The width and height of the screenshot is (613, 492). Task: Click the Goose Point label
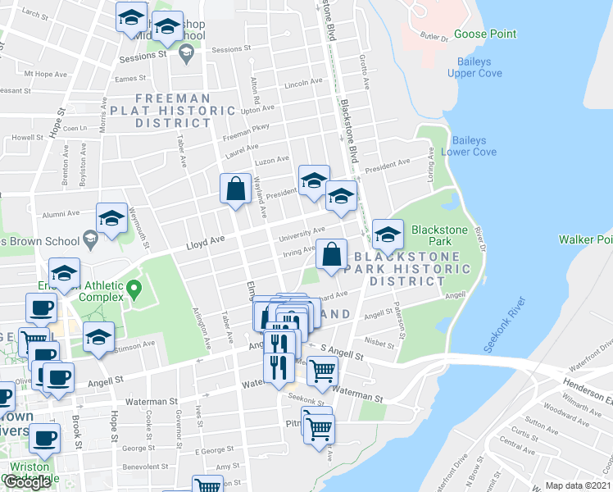[x=485, y=34]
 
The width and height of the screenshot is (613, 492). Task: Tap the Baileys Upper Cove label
[x=475, y=67]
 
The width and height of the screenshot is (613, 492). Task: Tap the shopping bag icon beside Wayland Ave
[x=236, y=189]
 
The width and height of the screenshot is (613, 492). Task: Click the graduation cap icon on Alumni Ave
[x=111, y=218]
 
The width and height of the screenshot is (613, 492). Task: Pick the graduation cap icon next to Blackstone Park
[x=388, y=235]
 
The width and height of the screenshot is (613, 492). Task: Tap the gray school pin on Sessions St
[x=186, y=54]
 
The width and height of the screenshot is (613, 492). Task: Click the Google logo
[x=27, y=482]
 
